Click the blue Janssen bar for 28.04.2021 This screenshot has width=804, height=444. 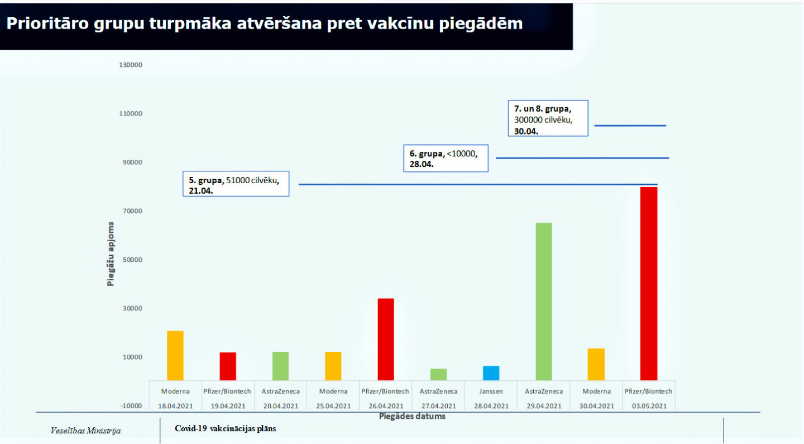tap(491, 373)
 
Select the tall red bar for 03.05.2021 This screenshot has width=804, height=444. tap(649, 284)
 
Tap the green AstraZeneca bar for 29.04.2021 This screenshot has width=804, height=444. tap(544, 302)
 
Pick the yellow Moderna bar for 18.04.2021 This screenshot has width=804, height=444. tap(175, 355)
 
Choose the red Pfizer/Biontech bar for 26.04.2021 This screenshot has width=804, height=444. tap(386, 339)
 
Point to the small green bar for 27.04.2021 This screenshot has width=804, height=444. tap(439, 374)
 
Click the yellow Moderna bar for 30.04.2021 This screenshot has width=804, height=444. tap(596, 364)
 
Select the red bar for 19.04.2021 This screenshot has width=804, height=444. tap(228, 366)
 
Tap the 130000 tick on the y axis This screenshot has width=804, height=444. tap(131, 65)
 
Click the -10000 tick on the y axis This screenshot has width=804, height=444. tap(131, 405)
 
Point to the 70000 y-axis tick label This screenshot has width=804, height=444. tap(132, 211)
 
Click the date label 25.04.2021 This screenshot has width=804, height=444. tap(333, 406)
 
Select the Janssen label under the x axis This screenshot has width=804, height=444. tap(491, 392)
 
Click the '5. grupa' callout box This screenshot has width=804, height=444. tap(236, 184)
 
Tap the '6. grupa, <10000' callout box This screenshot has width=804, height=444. tap(446, 158)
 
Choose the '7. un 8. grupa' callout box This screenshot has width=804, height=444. tap(548, 118)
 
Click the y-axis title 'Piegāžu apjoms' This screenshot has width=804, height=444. tap(111, 254)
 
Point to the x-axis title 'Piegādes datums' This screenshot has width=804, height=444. tap(412, 417)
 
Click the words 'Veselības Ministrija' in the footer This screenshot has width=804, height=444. tap(85, 431)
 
